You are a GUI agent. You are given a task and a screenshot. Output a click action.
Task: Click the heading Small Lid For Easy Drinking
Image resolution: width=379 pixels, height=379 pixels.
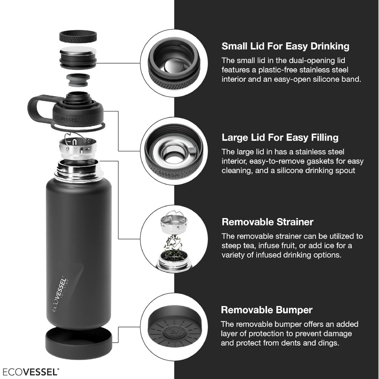click(285, 46)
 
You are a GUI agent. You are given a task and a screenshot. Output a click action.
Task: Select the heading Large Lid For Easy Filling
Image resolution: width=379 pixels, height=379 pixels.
click(280, 138)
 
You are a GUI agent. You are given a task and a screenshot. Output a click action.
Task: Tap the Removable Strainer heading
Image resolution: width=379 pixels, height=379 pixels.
click(267, 222)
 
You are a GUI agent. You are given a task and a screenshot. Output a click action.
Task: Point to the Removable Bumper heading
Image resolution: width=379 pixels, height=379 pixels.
click(266, 310)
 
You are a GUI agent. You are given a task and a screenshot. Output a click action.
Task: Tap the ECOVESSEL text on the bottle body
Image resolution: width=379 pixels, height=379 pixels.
click(59, 294)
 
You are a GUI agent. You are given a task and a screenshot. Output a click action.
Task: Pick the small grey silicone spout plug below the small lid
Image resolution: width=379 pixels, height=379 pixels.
click(78, 80)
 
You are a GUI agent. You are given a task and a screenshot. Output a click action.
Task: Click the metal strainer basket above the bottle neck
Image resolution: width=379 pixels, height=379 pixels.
click(78, 146)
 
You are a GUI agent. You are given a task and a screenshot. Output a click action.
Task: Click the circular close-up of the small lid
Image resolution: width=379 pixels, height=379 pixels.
click(174, 63)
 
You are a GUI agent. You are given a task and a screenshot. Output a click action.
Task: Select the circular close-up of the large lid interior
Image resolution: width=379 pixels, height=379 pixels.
click(174, 151)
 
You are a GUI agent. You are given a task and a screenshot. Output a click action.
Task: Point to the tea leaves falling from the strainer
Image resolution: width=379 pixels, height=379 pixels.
click(174, 244)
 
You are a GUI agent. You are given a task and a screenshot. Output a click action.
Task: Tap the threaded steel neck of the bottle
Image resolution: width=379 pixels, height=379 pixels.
click(78, 171)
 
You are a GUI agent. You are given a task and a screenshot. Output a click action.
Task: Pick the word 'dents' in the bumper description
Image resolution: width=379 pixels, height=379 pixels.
click(308, 343)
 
